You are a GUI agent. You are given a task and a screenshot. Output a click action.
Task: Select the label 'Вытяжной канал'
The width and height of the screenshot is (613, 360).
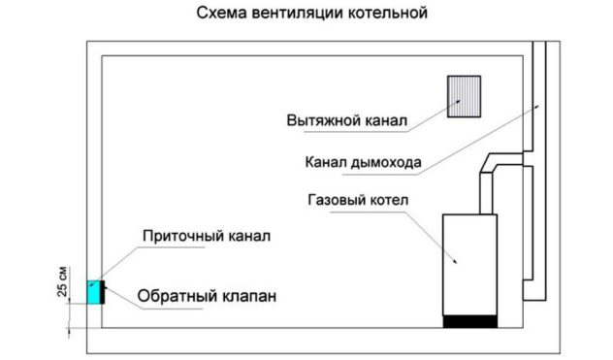pos(346,122)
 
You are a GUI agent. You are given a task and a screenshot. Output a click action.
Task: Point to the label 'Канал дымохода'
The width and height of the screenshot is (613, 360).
pos(362,163)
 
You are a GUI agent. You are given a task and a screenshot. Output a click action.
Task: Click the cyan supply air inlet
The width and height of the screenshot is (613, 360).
pos(94,291)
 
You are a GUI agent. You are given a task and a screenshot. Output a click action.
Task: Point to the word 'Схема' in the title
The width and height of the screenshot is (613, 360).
pos(215,16)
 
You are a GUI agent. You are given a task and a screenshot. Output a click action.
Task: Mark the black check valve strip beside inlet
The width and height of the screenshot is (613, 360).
pos(104,291)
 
